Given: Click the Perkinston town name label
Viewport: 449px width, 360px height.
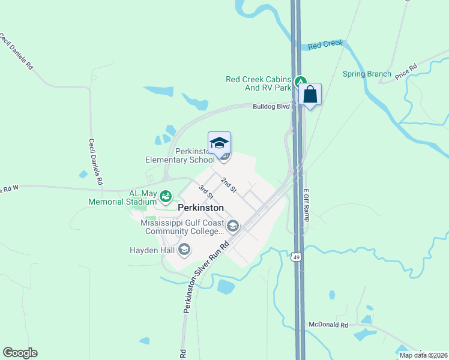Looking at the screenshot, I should [x=201, y=208].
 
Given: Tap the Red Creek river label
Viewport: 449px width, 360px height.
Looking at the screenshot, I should [x=325, y=45].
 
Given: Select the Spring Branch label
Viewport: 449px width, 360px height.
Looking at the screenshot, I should [x=367, y=74].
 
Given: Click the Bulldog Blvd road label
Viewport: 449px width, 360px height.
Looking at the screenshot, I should [x=270, y=107].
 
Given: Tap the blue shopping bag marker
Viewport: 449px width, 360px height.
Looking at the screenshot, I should [x=310, y=95].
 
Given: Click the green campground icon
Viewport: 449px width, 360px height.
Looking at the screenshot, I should [x=301, y=80].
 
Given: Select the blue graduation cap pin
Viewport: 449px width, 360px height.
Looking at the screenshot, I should [x=219, y=143].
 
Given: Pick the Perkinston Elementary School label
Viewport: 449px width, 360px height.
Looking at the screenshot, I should [x=179, y=155].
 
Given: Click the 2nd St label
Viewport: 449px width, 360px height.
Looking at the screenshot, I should [x=229, y=185].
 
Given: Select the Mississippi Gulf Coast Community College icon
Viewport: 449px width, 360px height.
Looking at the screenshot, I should [x=233, y=226].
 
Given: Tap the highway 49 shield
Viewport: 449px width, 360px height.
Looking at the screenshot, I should [x=296, y=257].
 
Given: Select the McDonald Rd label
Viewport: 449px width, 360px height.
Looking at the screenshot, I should [x=328, y=325].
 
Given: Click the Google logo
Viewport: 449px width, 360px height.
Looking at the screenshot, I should [x=20, y=353].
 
